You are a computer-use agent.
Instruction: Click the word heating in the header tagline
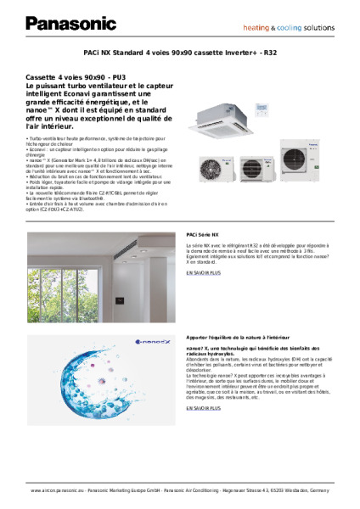click(x=258, y=27)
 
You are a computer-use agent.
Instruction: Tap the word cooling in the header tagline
click(x=289, y=27)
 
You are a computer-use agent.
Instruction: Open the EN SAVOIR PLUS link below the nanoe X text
click(x=204, y=408)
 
